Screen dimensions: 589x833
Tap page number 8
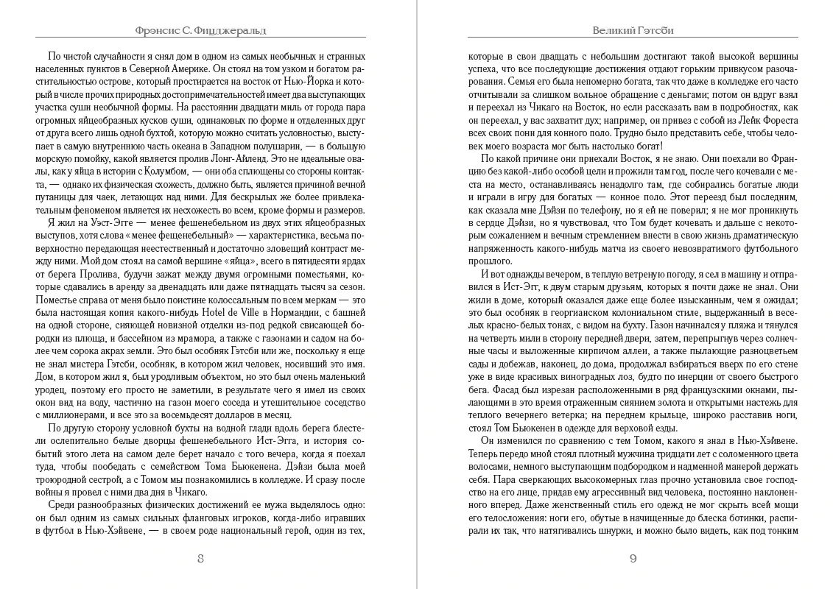[x=200, y=557]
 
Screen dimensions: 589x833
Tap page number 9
[x=633, y=557]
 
